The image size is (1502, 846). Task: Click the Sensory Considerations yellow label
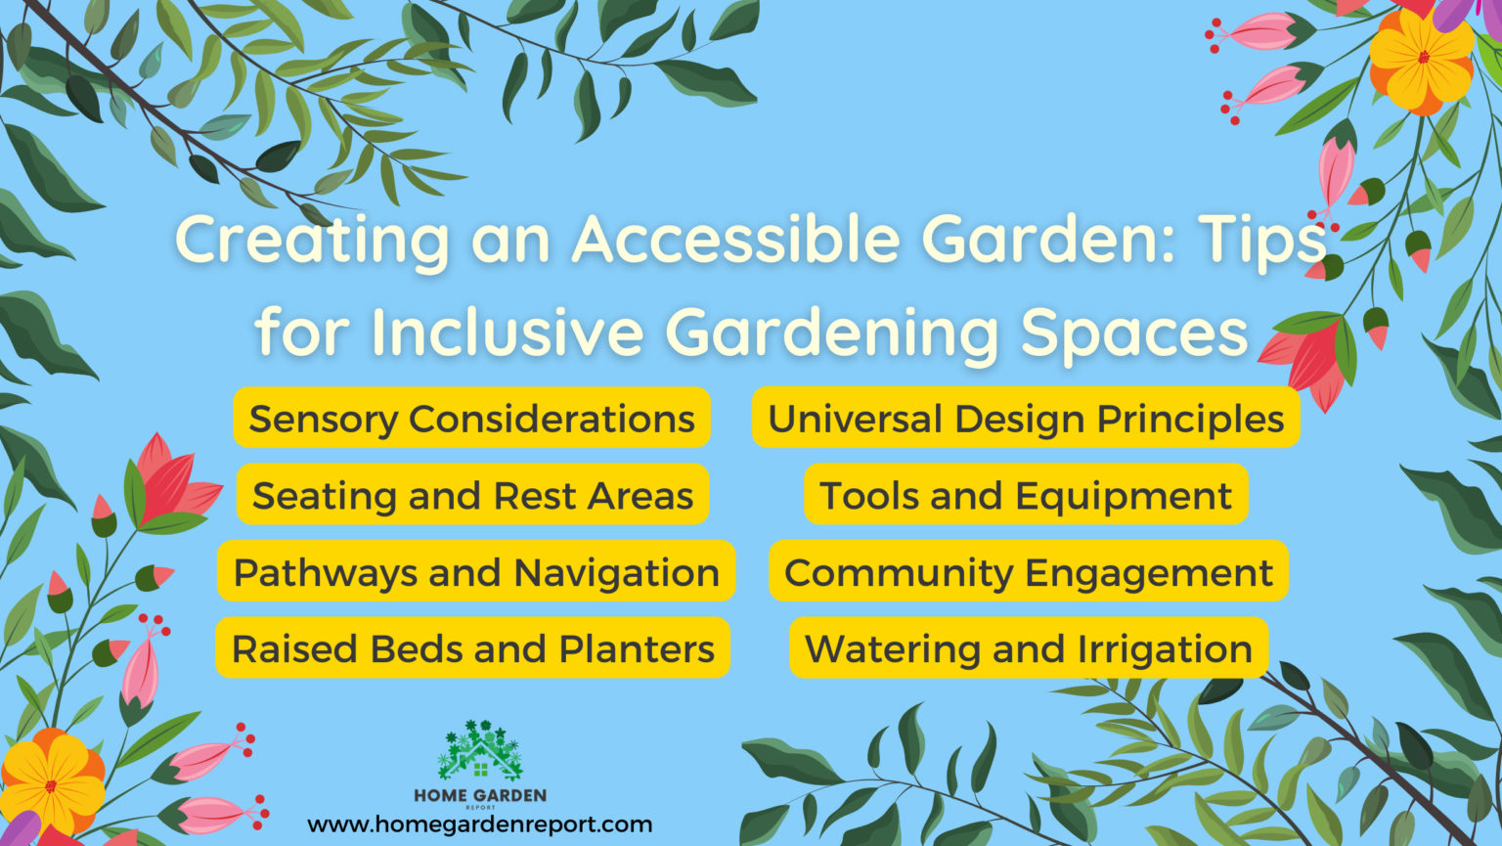pos(471,419)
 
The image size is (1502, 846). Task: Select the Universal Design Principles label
pos(1026,419)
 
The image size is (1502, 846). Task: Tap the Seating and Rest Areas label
pos(472,496)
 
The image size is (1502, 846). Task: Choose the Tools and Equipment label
pos(1026,496)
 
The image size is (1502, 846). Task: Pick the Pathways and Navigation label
pos(476,572)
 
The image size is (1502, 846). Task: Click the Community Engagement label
pos(1029,572)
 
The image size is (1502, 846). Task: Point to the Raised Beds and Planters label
pos(472,648)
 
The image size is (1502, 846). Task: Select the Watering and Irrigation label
pos(1029,648)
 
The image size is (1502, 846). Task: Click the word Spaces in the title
pos(1134,332)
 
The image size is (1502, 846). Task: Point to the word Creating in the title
pos(313,240)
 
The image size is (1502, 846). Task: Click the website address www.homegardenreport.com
pos(479,824)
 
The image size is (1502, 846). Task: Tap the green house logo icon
pos(480,752)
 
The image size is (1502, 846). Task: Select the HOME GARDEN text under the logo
pos(480,796)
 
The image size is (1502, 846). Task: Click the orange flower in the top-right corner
pos(1422,59)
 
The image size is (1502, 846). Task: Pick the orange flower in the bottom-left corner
pos(51,783)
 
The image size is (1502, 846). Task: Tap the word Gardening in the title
pos(831,334)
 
